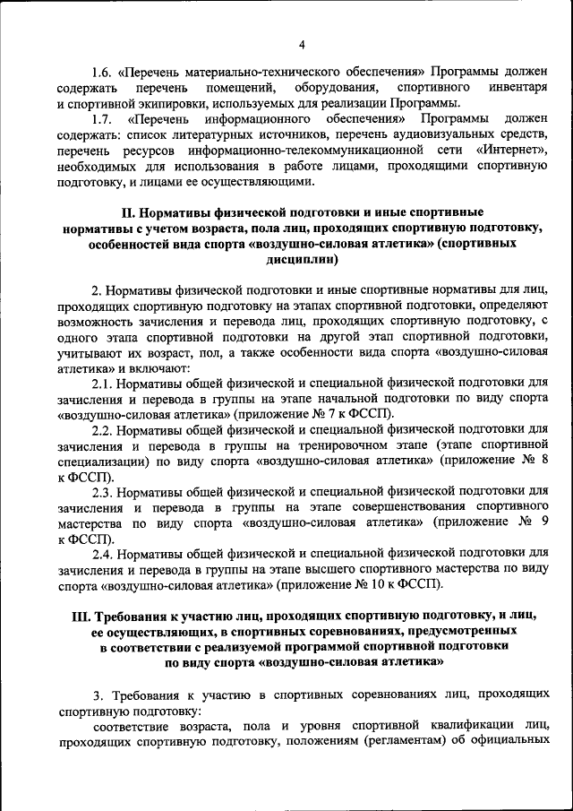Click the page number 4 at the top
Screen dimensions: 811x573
302,45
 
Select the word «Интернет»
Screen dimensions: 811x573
510,150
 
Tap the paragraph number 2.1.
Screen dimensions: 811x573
104,384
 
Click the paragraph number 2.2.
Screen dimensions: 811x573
104,430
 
